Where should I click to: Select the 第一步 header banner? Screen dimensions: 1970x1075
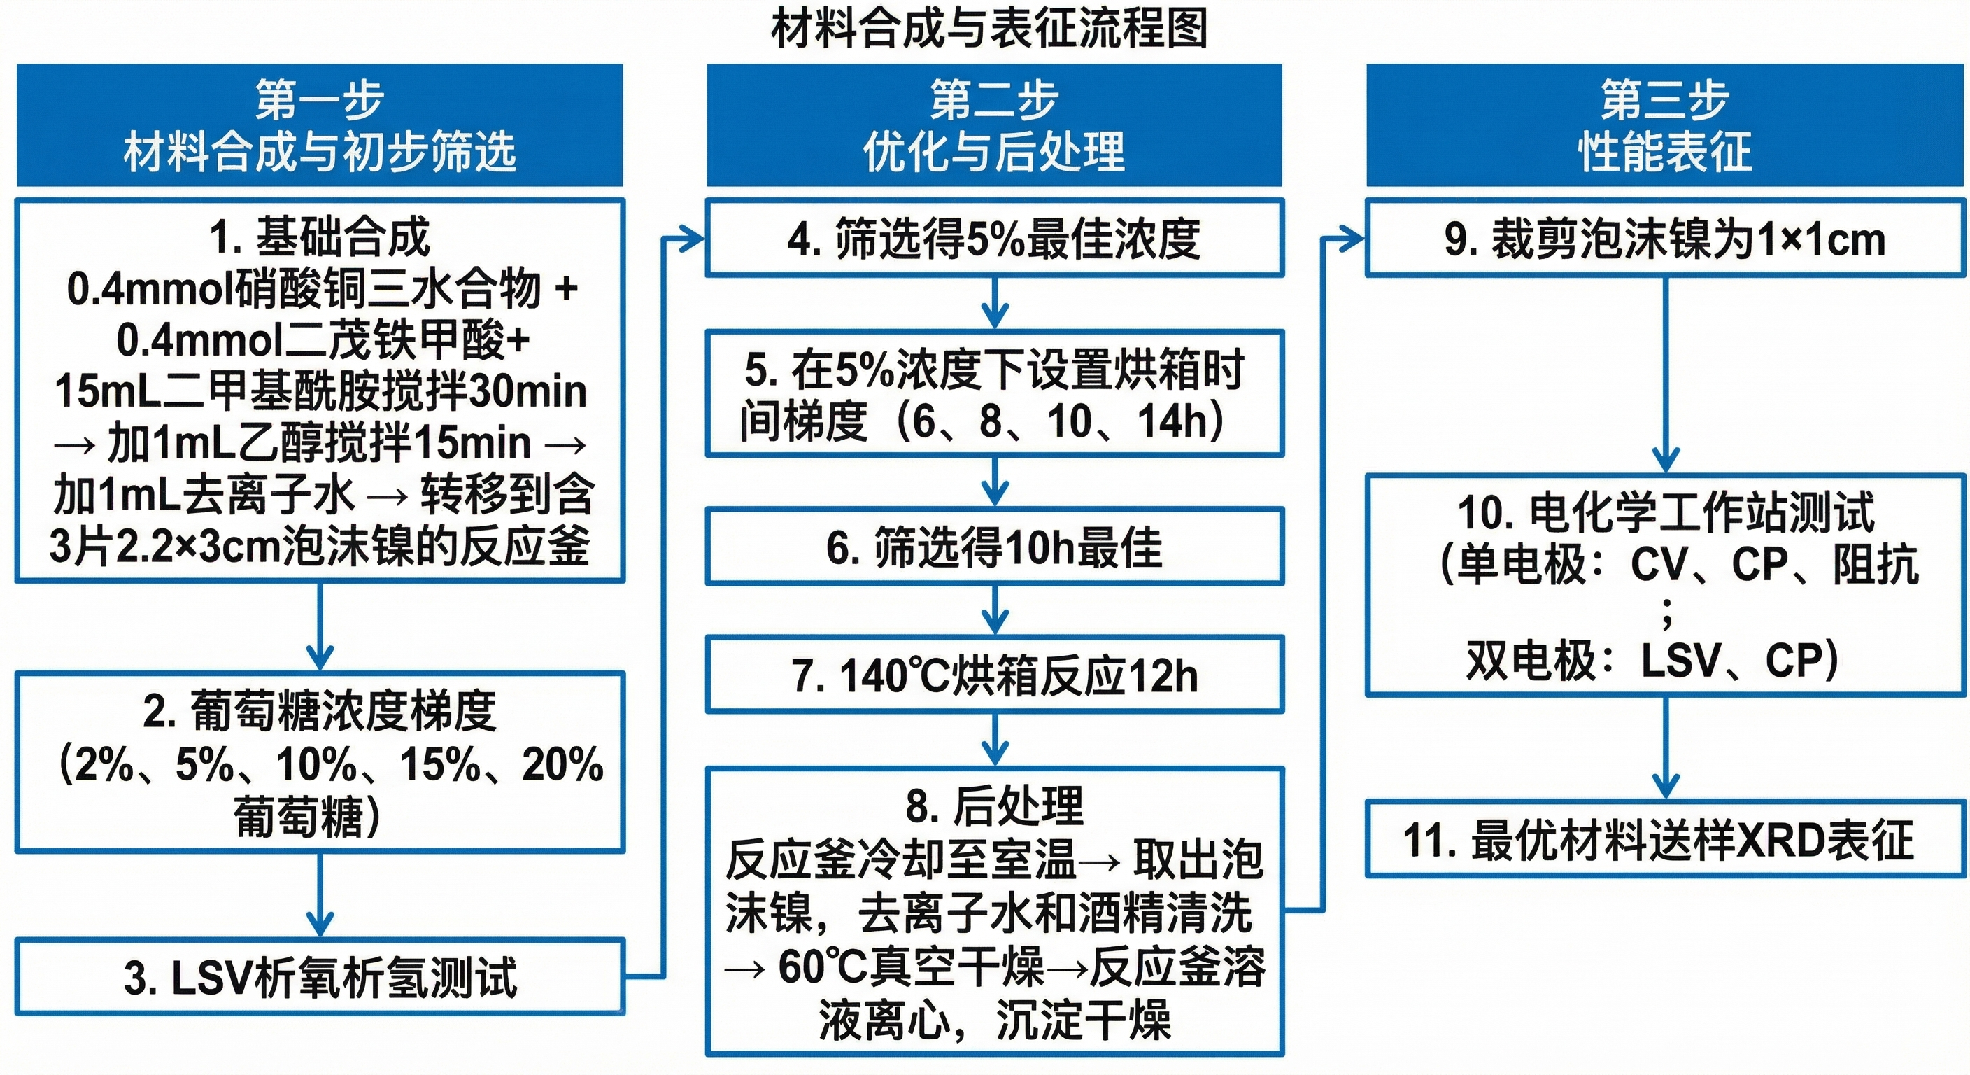pyautogui.click(x=320, y=125)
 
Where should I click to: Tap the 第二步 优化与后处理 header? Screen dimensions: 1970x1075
pyautogui.click(x=994, y=125)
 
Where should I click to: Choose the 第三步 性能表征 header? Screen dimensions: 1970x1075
pyautogui.click(x=1665, y=125)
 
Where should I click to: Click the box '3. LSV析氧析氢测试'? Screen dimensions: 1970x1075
pyautogui.click(x=320, y=977)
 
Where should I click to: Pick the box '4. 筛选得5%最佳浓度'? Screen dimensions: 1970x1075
pyautogui.click(x=994, y=238)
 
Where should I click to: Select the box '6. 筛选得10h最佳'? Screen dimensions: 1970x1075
pyautogui.click(x=994, y=547)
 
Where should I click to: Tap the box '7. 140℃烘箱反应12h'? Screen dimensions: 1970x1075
pyautogui.click(x=994, y=675)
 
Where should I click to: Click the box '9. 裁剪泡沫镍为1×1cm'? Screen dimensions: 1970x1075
pyautogui.click(x=1665, y=238)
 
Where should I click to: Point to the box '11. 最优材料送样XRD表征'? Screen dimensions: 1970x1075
pyautogui.click(x=1665, y=839)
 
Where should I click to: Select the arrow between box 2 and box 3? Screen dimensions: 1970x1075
pyautogui.click(x=320, y=895)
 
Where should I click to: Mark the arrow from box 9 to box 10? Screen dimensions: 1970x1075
pyautogui.click(x=1666, y=375)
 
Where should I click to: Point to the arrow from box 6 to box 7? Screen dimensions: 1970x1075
pyautogui.click(x=994, y=610)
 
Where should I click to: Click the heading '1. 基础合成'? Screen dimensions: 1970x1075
pyautogui.click(x=320, y=237)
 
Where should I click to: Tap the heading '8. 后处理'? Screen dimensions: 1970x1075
pyautogui.click(x=994, y=806)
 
